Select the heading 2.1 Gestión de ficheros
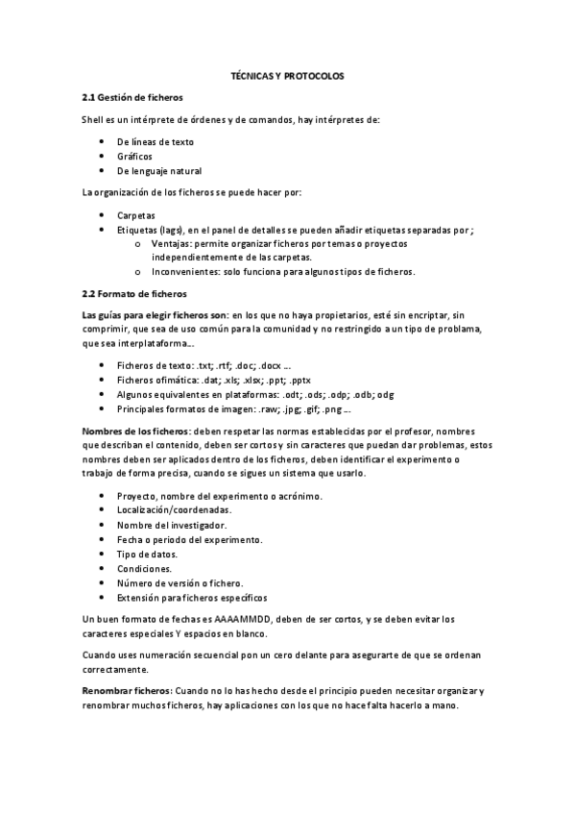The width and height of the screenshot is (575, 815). (132, 97)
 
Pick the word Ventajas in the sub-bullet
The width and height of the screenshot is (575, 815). (169, 244)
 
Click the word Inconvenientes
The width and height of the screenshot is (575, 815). (183, 272)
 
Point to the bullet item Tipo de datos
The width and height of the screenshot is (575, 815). (147, 554)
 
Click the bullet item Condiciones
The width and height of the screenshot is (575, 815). (144, 568)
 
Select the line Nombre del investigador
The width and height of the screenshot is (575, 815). (172, 525)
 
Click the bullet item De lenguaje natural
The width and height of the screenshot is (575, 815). (159, 170)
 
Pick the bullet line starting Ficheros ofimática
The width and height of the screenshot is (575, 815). (221, 380)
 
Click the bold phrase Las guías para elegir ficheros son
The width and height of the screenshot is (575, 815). (156, 314)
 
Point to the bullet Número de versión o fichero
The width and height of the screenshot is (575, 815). (180, 582)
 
